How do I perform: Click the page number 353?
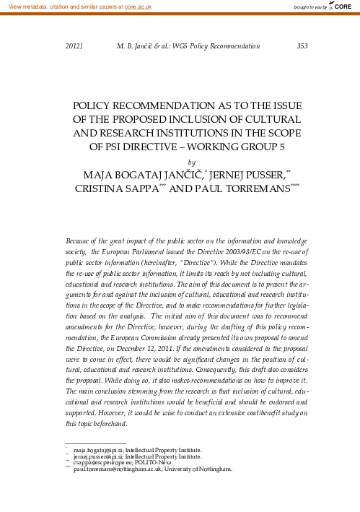click(302, 45)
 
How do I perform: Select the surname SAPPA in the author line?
click(154, 191)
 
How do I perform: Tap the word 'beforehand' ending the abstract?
click(108, 422)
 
